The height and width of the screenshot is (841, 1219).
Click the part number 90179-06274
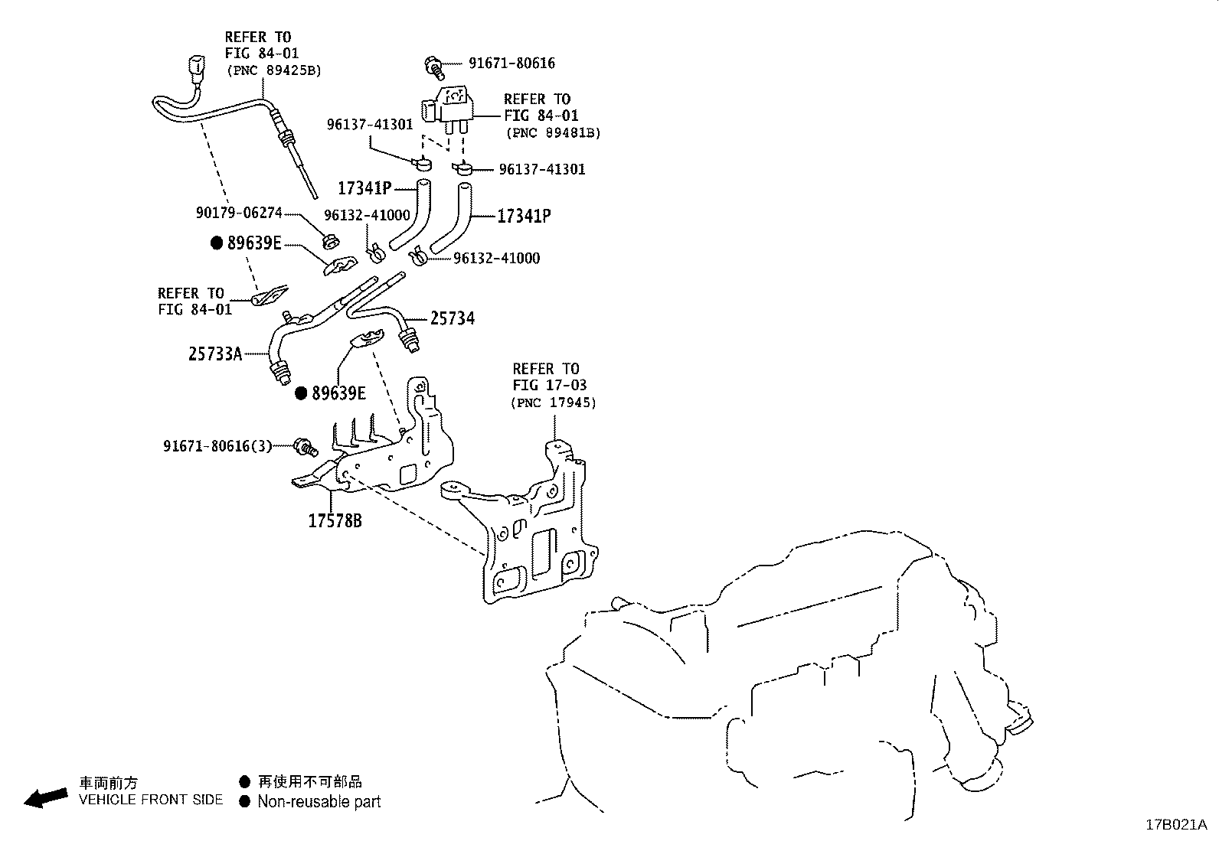pyautogui.click(x=238, y=213)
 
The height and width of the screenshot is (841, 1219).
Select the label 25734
pyautogui.click(x=452, y=318)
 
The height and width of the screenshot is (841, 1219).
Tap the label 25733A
pyautogui.click(x=215, y=354)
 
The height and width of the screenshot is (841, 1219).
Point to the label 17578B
pyautogui.click(x=335, y=521)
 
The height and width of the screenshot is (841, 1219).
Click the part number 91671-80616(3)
pyautogui.click(x=217, y=445)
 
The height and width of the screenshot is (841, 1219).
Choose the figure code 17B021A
pyautogui.click(x=1175, y=824)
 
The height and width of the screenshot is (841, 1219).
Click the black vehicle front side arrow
pyautogui.click(x=45, y=797)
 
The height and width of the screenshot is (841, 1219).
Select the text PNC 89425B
pyautogui.click(x=273, y=70)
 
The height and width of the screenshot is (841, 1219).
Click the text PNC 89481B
pyautogui.click(x=553, y=133)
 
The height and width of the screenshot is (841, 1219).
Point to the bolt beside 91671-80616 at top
pyautogui.click(x=435, y=66)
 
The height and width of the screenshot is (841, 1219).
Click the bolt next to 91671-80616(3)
pyautogui.click(x=305, y=446)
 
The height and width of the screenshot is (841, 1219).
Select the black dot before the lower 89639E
pyautogui.click(x=302, y=393)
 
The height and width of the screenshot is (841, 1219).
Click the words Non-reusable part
pyautogui.click(x=319, y=802)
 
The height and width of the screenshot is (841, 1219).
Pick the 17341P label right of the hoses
pyautogui.click(x=524, y=217)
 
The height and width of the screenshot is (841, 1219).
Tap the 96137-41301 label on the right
pyautogui.click(x=541, y=169)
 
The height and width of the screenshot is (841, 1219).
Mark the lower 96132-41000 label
pyautogui.click(x=496, y=259)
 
